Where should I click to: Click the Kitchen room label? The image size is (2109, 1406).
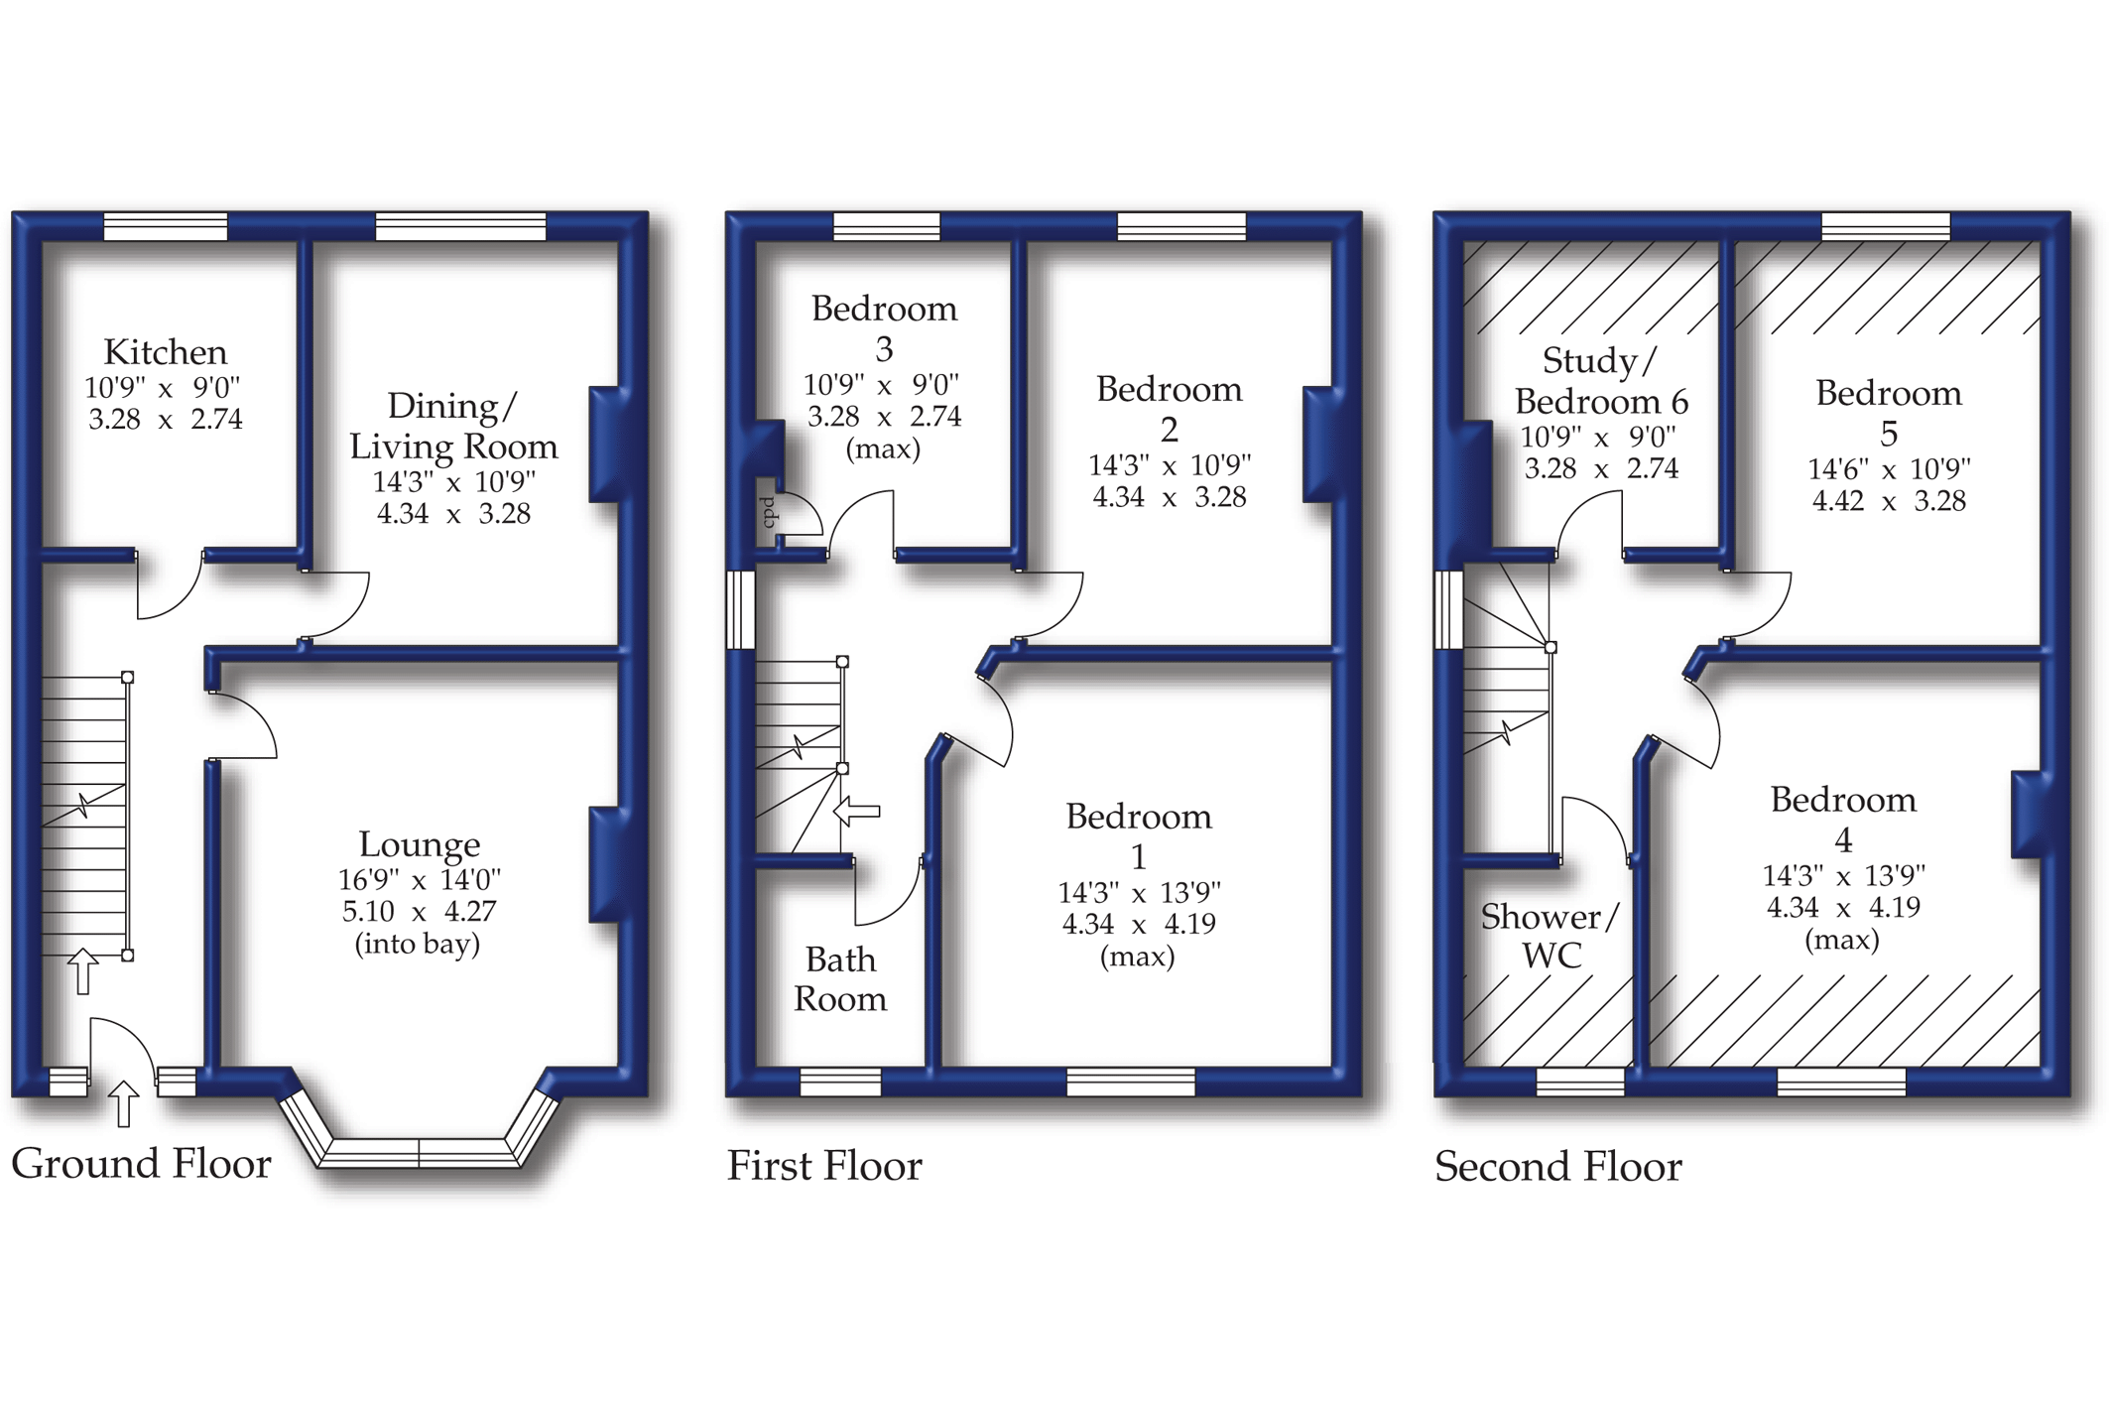tap(165, 352)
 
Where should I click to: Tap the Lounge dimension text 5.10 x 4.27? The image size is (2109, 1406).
tap(419, 911)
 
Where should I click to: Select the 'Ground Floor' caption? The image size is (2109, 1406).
tap(141, 1164)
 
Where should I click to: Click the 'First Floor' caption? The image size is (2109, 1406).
tap(824, 1166)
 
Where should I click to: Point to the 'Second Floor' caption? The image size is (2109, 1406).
tap(1557, 1167)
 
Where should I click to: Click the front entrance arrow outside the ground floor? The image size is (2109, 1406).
tap(123, 1103)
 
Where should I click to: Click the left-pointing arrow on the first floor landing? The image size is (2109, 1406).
tap(856, 811)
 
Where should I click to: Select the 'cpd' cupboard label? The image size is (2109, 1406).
tap(768, 512)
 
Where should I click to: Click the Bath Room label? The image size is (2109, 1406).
tap(840, 978)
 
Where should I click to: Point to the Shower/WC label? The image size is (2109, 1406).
tap(1549, 936)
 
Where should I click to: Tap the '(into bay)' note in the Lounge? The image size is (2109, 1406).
tap(418, 943)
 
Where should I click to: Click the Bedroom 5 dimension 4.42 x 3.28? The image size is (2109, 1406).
tap(1889, 501)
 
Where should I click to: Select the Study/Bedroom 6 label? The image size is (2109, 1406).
tap(1600, 381)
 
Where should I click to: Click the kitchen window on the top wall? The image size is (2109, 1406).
tap(166, 226)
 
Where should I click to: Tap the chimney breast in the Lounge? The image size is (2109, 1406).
tap(607, 864)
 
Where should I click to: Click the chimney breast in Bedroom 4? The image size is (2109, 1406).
tap(2028, 814)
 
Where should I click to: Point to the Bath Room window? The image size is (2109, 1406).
tap(840, 1082)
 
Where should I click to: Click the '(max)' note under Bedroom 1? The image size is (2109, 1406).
tap(1137, 957)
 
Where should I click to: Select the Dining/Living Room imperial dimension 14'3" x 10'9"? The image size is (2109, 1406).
tap(453, 482)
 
